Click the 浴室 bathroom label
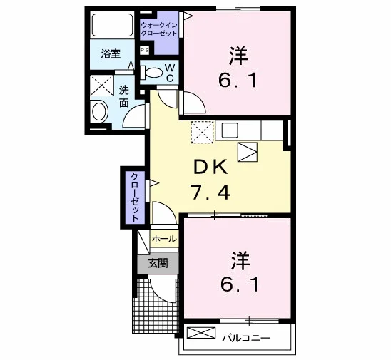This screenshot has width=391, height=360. pos(111,53)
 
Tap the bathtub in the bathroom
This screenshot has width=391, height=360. pos(112,25)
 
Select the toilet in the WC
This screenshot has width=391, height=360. pos(151,73)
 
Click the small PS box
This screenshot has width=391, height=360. pos(144,51)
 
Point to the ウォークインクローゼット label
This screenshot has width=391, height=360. pos(159,29)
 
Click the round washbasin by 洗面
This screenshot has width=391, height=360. pos(100,112)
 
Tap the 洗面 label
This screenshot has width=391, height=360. pos(123,97)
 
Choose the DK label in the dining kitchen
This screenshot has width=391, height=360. pos(210,167)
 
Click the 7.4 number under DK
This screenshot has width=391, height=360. pos(210,192)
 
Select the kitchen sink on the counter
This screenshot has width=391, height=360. pos(230,130)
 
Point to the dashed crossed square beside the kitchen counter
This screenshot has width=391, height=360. pos(202,132)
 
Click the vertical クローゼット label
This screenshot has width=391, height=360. pos(135,197)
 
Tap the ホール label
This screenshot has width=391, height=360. pos(164,239)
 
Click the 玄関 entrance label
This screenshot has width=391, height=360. pos(158,263)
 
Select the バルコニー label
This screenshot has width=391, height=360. pos(246,338)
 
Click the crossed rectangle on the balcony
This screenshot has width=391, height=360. pos(201,333)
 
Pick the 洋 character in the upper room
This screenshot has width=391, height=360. pos(238,56)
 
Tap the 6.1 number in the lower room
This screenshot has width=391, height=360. pos(240,284)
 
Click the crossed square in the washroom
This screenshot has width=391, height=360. pos(102,86)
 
